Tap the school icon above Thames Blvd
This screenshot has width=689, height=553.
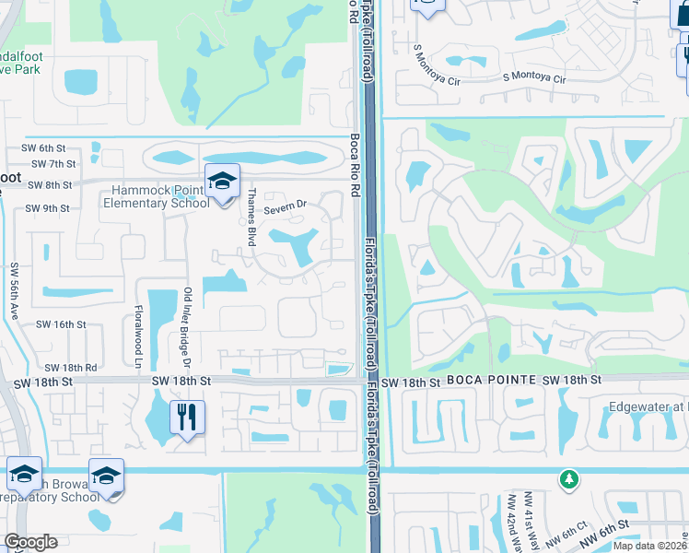(221, 182)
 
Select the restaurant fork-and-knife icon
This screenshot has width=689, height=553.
(187, 418)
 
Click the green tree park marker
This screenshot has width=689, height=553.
(569, 479)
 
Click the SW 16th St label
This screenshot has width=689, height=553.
(61, 324)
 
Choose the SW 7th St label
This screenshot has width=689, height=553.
(53, 164)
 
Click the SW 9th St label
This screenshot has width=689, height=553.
(47, 208)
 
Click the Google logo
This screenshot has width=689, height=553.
(30, 542)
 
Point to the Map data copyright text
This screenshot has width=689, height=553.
(649, 546)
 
